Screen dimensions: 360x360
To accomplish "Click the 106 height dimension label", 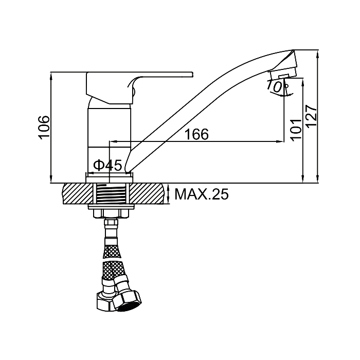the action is click(x=44, y=128).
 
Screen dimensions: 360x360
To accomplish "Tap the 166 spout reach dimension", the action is click(x=197, y=134).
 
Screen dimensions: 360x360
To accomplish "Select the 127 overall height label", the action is click(x=312, y=116).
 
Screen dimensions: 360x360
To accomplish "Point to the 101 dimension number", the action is click(x=296, y=129).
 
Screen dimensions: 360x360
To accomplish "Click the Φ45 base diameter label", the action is click(x=107, y=165).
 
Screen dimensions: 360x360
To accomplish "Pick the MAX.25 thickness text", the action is click(x=202, y=194).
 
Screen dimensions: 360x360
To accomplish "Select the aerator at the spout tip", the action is click(x=283, y=74).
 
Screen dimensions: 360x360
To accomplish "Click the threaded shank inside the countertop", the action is click(x=110, y=194).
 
